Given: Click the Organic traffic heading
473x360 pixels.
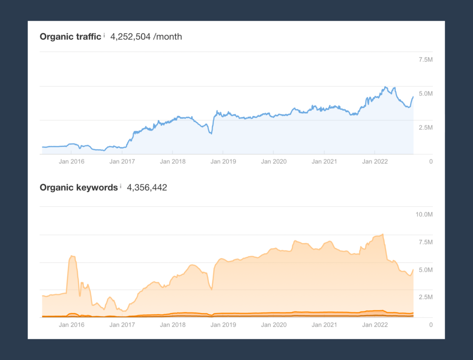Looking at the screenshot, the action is (70, 37).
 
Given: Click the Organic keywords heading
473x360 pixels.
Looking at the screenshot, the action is (79, 187).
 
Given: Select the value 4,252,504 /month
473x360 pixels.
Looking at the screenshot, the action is (146, 37).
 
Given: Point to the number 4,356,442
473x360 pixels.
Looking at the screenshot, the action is (147, 187).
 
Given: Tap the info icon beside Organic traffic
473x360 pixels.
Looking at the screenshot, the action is (104, 35).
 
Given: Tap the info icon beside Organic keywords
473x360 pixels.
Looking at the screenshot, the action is (121, 186).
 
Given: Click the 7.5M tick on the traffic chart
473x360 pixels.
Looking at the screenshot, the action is (425, 60).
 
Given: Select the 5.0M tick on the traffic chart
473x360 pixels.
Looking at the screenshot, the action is (425, 94).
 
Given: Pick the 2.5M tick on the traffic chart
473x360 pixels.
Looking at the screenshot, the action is (425, 127).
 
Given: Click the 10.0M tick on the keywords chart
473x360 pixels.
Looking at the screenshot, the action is (424, 214).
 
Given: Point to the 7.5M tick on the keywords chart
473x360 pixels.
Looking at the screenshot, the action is (425, 242).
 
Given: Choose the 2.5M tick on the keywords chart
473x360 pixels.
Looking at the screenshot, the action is (425, 297).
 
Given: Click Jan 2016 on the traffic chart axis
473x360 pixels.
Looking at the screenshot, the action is (72, 162).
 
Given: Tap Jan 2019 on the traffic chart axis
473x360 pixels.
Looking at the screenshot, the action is (223, 162).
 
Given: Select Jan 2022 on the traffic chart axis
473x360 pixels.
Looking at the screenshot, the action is (375, 162).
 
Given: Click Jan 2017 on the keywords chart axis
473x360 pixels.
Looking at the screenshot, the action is (122, 325).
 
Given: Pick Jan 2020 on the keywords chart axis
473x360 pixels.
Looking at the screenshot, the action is (273, 325).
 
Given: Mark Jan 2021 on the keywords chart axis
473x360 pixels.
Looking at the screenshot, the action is (324, 325).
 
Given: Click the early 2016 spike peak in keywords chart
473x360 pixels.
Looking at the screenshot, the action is (72, 256).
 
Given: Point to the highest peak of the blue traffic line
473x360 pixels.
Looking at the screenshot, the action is (385, 87).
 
